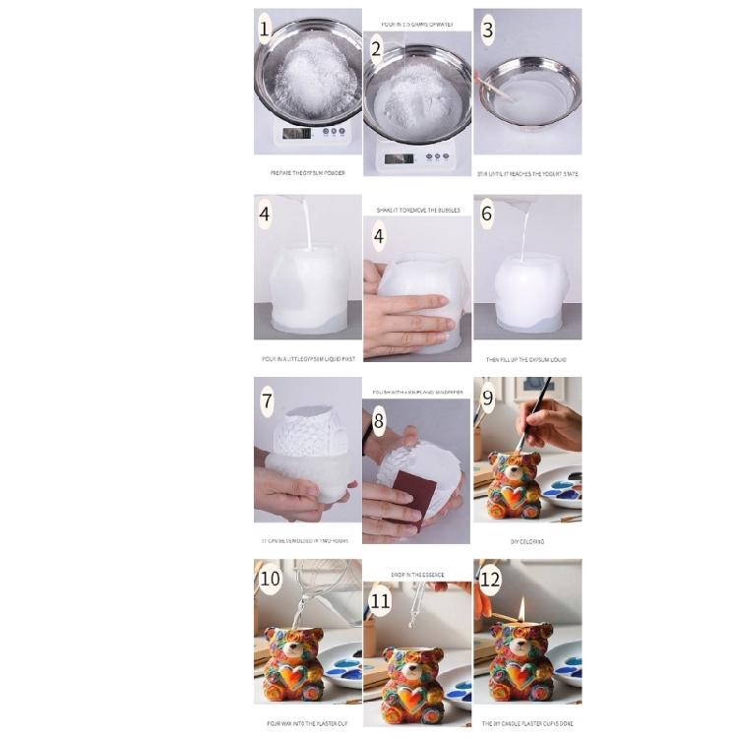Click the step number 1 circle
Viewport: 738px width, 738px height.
[x=264, y=30]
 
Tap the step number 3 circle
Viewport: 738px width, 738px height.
[x=487, y=30]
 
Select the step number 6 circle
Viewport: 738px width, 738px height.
[x=486, y=214]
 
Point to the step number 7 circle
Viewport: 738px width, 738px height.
[x=266, y=400]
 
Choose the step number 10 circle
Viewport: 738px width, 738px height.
[x=270, y=579]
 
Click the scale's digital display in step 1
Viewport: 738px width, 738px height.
[x=296, y=133]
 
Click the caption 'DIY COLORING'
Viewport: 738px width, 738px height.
[x=526, y=541]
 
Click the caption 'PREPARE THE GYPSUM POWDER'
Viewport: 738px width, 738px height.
[x=307, y=172]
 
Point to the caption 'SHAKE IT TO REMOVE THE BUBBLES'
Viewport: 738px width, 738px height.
[x=417, y=210]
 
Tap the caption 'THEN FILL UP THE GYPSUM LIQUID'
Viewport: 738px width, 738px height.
[x=526, y=359]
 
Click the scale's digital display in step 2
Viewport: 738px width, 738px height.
[x=398, y=157]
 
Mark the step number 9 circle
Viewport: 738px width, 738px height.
[x=487, y=399]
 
